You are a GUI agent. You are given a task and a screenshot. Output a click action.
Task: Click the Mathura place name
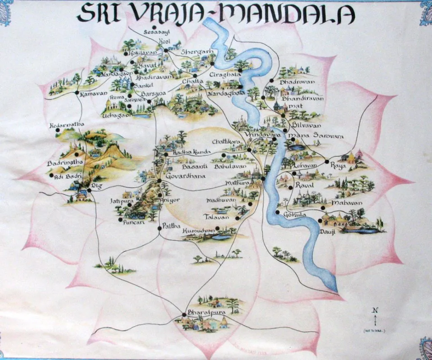click(237, 183)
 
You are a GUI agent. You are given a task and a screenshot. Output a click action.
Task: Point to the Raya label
click(338, 166)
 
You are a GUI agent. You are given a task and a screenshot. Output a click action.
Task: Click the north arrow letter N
click(375, 310)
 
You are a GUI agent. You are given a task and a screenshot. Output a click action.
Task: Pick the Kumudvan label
click(197, 231)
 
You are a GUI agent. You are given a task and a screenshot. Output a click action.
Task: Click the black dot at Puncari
click(120, 219)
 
